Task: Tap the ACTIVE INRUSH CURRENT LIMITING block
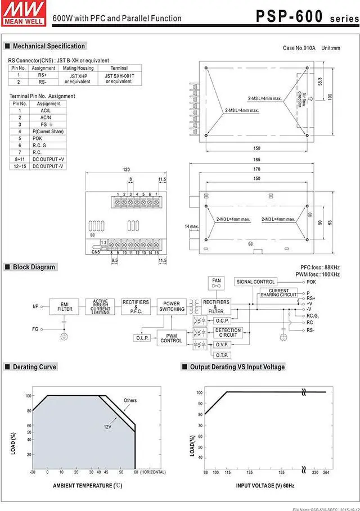click(101, 306)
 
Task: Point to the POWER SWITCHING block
click(172, 306)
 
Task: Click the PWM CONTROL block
click(171, 338)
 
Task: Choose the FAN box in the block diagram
click(216, 283)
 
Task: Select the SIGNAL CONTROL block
click(256, 282)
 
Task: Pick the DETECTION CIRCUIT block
click(228, 333)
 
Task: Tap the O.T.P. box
click(222, 355)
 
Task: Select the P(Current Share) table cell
click(48, 132)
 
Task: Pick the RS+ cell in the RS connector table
click(43, 74)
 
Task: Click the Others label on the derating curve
click(130, 401)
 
